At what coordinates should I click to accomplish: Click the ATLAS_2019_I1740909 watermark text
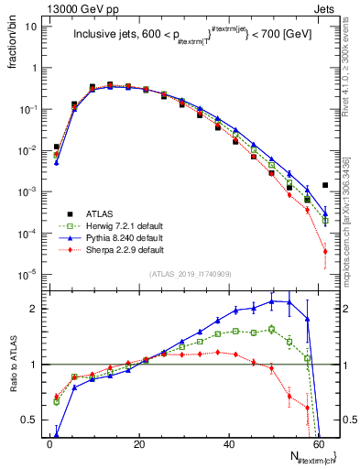(191, 274)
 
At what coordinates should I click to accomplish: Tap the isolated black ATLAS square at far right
(325, 185)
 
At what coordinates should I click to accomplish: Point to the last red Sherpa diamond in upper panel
(325, 251)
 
